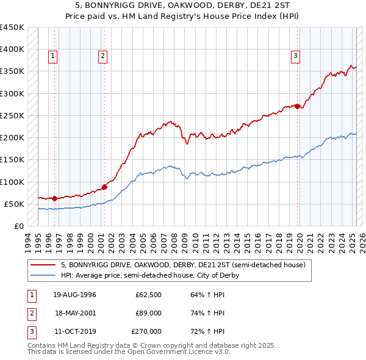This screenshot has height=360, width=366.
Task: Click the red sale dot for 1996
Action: point(54,198)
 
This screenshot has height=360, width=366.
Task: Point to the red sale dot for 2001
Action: point(104,186)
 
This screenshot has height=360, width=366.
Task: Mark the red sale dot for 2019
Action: point(297,106)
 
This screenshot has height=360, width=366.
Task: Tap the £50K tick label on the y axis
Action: point(14,204)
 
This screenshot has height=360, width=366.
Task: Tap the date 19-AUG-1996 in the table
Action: point(74,295)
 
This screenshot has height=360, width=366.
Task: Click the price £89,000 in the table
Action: point(148,313)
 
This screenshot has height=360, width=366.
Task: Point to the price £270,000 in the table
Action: point(146,331)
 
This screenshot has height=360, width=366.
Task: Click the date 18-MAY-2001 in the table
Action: point(74,313)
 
